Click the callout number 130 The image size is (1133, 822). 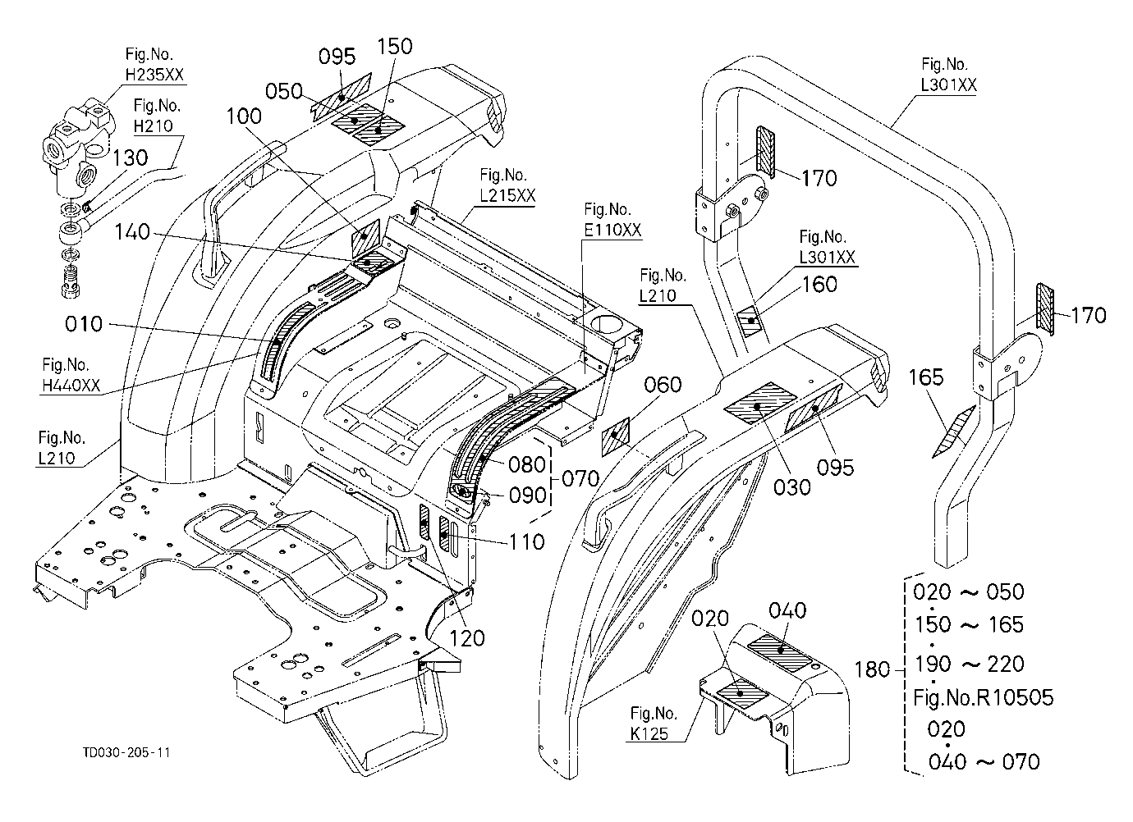point(130,158)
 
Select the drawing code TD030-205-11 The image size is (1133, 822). point(126,753)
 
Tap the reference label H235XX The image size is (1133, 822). point(154,75)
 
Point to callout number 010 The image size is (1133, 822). point(84,324)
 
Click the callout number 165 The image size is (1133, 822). point(926,377)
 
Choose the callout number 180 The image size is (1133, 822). point(872,669)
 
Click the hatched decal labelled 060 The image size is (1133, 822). point(616,436)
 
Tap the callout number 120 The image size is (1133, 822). point(467,638)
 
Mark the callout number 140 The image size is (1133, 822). point(132,232)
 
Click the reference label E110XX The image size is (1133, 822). point(612,230)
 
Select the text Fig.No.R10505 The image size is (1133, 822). point(984,697)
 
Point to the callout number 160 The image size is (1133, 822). point(819,285)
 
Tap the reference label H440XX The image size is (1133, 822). point(71,386)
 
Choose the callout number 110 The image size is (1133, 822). point(526,542)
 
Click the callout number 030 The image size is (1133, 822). point(791,487)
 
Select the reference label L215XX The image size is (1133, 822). point(507,195)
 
